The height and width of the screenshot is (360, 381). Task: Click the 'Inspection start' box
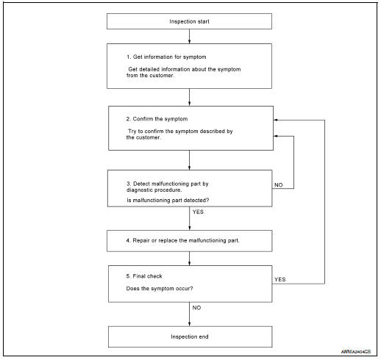pos(190,21)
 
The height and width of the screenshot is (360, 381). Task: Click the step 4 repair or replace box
pos(190,240)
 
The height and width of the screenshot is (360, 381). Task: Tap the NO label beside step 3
pos(279,185)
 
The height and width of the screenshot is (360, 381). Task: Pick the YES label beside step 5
pos(280,279)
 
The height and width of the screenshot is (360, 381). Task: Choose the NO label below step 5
pos(197,308)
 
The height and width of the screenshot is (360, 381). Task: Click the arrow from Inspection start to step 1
pos(190,36)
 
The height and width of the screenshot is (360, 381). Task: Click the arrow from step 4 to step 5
pos(190,258)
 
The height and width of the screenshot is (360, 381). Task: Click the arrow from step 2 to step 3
pos(190,160)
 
